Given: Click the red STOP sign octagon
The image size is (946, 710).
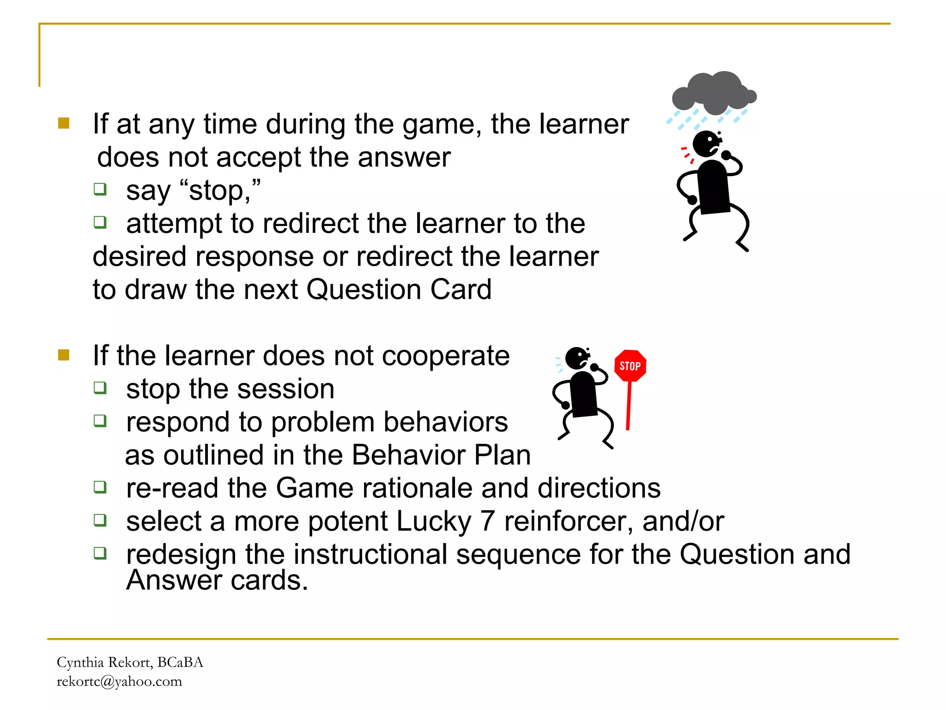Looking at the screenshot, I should (x=630, y=366).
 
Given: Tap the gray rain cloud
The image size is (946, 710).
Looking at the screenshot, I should (x=714, y=93).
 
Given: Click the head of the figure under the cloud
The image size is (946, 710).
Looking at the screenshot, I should (x=706, y=144).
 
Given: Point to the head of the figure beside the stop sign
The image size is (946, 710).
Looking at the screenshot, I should (x=577, y=358).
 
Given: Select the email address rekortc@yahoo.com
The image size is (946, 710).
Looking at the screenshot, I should (x=119, y=681).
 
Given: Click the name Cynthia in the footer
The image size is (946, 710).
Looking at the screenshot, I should (x=80, y=662).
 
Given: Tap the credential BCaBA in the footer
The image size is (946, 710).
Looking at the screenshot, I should (x=180, y=662).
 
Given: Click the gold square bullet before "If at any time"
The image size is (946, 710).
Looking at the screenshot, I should (x=64, y=123).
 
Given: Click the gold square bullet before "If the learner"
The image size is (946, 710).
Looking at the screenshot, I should (x=64, y=355).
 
